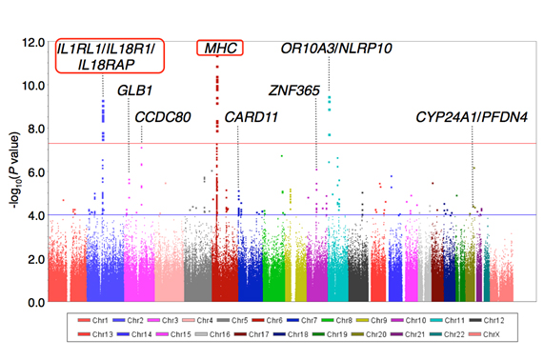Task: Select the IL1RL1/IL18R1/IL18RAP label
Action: click(x=110, y=56)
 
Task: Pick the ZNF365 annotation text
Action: click(x=293, y=91)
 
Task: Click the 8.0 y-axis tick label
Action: click(x=35, y=129)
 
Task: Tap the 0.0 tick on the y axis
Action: click(x=35, y=302)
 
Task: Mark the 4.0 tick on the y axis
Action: click(x=35, y=215)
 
